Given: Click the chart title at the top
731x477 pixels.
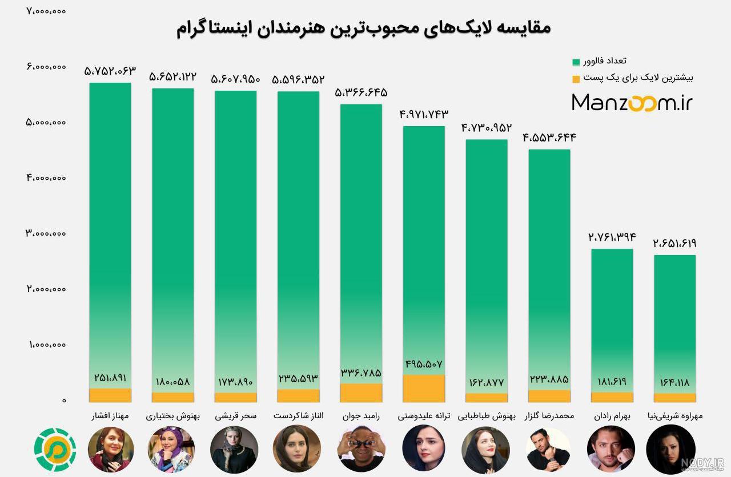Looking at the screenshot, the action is [364, 29].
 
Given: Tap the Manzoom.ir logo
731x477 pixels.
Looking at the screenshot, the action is [632, 103].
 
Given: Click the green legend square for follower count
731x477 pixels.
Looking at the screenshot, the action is [576, 62].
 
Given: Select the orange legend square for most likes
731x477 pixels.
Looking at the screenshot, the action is [576, 79].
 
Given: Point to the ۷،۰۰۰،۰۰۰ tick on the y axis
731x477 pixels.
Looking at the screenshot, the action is [46, 11].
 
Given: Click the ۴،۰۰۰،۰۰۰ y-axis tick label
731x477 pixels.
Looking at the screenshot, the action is [46, 178].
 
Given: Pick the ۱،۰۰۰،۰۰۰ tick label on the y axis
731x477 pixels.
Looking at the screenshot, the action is [47, 345].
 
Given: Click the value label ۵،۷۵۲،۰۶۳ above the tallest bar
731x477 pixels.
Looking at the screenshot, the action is [110, 71].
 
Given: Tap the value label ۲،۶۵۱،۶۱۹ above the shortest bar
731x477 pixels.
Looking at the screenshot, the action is [674, 243].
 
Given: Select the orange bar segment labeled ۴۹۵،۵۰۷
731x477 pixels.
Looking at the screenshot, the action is [424, 388].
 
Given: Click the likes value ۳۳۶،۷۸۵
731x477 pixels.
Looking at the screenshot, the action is [361, 373].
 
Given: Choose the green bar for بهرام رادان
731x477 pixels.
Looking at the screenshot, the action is [612, 321].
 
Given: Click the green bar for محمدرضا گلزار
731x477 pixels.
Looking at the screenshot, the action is [549, 270].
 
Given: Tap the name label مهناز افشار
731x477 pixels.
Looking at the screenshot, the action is [110, 417].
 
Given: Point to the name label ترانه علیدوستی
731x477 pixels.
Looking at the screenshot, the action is [424, 417].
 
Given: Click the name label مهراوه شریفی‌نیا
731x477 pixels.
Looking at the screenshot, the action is [675, 417].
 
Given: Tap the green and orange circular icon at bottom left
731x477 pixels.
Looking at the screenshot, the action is [55, 450].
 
